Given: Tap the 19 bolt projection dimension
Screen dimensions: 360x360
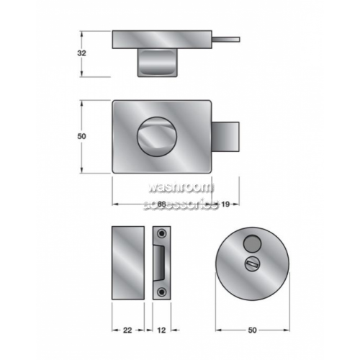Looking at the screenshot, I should click(225, 204).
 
